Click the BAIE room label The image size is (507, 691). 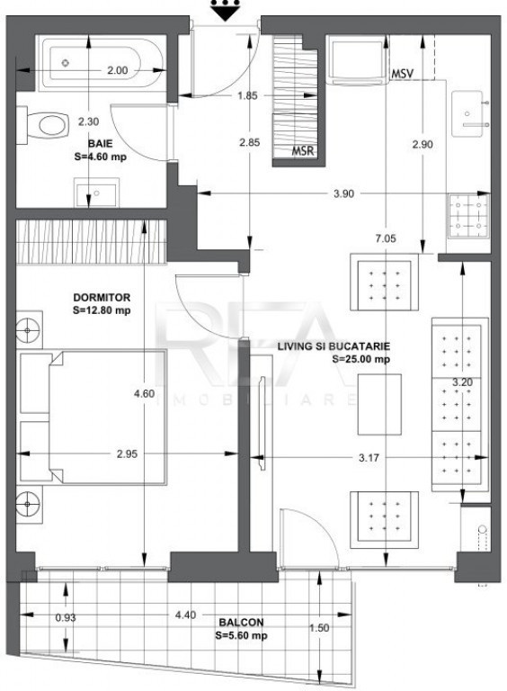(x=101, y=144)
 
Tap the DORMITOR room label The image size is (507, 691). (x=102, y=298)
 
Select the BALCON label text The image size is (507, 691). (x=241, y=623)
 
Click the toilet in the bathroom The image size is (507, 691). (x=47, y=125)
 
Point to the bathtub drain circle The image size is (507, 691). (x=66, y=63)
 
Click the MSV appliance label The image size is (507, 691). (x=402, y=74)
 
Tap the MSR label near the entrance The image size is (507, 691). (x=303, y=151)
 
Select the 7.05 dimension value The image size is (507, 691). (x=386, y=238)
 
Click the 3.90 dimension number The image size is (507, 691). (x=343, y=193)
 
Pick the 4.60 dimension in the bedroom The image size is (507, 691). (x=145, y=393)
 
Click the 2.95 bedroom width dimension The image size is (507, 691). (x=127, y=453)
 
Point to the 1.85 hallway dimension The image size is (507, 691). (x=247, y=95)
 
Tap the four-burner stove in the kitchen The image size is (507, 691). (x=468, y=216)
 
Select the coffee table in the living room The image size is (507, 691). (x=379, y=405)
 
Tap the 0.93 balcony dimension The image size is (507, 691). (x=66, y=618)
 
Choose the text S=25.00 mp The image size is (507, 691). (x=360, y=359)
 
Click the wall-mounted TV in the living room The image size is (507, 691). (x=262, y=423)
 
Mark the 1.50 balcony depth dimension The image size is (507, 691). (x=319, y=627)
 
